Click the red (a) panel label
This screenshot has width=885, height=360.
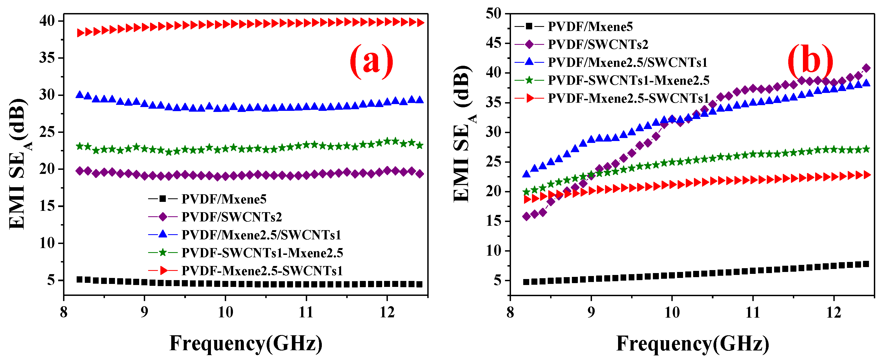point(371,61)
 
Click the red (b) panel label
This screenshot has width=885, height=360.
point(810,61)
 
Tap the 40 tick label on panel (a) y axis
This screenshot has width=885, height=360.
point(47,21)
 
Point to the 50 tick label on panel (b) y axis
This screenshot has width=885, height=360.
point(493,14)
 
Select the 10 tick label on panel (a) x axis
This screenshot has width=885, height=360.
point(225,312)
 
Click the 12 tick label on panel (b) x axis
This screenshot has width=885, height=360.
point(833,312)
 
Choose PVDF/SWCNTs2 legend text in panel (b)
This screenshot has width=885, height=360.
point(598,45)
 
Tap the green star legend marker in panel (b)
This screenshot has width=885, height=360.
point(529,80)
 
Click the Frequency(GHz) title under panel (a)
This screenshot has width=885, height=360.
point(246,343)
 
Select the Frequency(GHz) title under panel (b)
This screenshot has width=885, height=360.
point(693,343)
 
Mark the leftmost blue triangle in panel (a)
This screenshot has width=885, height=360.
point(80,95)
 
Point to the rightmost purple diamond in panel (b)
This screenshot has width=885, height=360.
point(866,68)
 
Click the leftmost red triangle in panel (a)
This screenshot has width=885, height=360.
point(80,33)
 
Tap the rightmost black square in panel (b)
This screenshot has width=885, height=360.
point(866,264)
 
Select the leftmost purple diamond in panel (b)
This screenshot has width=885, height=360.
point(526,216)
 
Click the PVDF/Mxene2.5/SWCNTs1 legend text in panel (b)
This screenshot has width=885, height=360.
point(627,62)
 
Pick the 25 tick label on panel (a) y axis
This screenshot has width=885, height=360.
point(47,132)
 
